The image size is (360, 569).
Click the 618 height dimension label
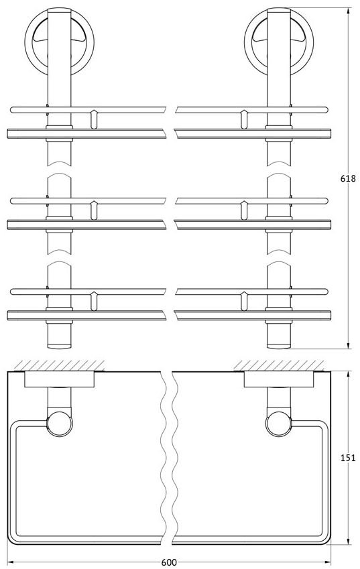click(348, 178)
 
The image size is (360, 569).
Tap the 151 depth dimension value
click(348, 458)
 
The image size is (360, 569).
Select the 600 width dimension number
click(169, 562)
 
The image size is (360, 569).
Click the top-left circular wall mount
click(59, 41)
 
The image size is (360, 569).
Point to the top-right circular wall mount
click(279, 41)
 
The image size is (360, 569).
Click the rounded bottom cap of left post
click(59, 345)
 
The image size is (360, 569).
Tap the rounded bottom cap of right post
click(279, 345)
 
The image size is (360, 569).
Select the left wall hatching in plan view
click(58, 365)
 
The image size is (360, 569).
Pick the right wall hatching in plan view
click(279, 365)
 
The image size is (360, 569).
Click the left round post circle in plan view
click(60, 424)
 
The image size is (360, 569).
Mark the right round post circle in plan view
click(279, 424)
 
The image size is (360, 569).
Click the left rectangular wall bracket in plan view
click(59, 379)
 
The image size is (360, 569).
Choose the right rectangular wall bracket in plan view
click(279, 379)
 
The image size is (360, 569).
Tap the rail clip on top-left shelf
click(94, 119)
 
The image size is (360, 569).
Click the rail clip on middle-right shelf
click(244, 210)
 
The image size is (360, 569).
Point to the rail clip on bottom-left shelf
click(94, 301)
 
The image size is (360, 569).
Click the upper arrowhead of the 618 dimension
click(349, 11)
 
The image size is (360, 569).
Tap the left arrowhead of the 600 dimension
click(11, 562)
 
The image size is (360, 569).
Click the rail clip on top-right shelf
click(244, 119)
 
